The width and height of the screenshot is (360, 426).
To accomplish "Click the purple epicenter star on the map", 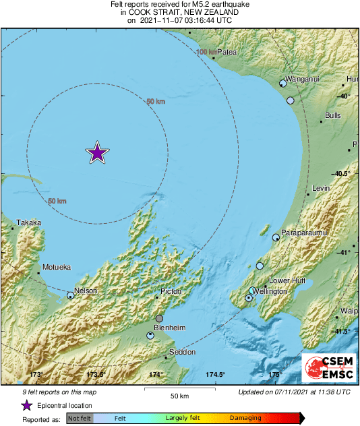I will pyautogui.click(x=98, y=153).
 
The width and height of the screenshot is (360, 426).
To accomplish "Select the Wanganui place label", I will pyautogui.click(x=301, y=79).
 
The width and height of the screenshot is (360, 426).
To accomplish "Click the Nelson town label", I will pyautogui.click(x=86, y=291).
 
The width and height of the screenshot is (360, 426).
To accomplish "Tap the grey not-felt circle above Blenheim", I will pyautogui.click(x=159, y=318).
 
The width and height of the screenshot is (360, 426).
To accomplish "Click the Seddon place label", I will pyautogui.click(x=182, y=352).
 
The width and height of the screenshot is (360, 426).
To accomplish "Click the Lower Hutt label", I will pyautogui.click(x=288, y=280).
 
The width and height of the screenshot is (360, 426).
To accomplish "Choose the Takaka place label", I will pyautogui.click(x=29, y=222).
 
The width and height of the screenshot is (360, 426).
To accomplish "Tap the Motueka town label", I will pyautogui.click(x=56, y=268).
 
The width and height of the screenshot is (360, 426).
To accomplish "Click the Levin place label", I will pyautogui.click(x=321, y=188).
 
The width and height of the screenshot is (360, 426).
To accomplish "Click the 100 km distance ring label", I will pyautogui.click(x=208, y=52).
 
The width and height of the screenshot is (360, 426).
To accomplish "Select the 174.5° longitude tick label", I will pyautogui.click(x=216, y=374).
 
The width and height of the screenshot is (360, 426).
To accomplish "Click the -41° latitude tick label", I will pyautogui.click(x=344, y=252).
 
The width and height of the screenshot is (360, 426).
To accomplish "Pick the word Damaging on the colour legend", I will pyautogui.click(x=246, y=419).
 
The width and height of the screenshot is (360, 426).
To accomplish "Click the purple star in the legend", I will pyautogui.click(x=27, y=405).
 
